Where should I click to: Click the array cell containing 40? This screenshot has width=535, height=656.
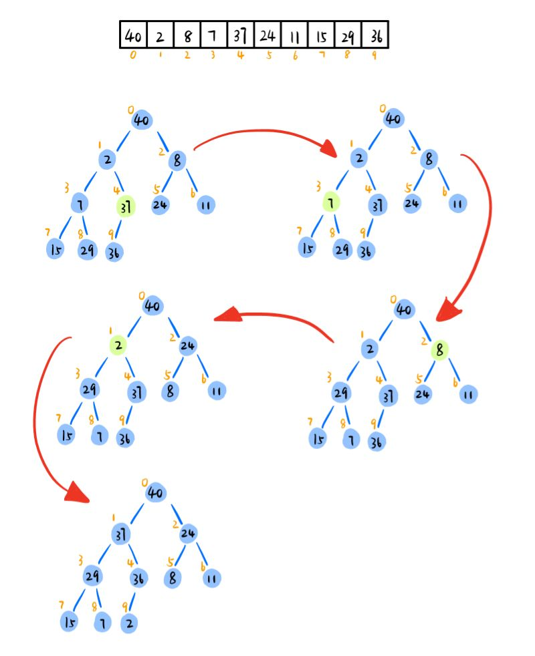click(x=133, y=34)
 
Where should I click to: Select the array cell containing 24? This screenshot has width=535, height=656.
click(x=267, y=34)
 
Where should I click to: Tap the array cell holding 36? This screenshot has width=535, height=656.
click(x=374, y=34)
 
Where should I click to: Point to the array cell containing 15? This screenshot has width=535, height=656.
click(x=321, y=34)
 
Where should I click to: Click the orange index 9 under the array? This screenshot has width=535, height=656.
click(x=374, y=55)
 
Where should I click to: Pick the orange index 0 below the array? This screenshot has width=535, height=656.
click(x=133, y=55)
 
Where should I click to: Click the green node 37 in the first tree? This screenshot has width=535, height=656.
click(x=125, y=206)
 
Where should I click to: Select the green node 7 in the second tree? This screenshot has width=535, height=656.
click(x=330, y=201)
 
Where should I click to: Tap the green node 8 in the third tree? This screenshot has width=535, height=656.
click(x=439, y=349)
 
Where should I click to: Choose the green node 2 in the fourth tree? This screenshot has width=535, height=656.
click(x=118, y=345)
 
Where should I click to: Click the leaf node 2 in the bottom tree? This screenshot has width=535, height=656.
click(x=130, y=623)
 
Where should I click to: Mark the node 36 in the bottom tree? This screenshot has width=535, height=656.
click(x=139, y=577)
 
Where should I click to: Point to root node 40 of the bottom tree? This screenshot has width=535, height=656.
click(x=155, y=493)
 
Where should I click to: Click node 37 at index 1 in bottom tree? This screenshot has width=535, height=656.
click(x=120, y=534)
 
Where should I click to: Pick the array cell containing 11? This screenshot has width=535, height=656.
click(x=294, y=34)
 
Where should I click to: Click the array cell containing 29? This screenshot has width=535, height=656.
click(x=348, y=34)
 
